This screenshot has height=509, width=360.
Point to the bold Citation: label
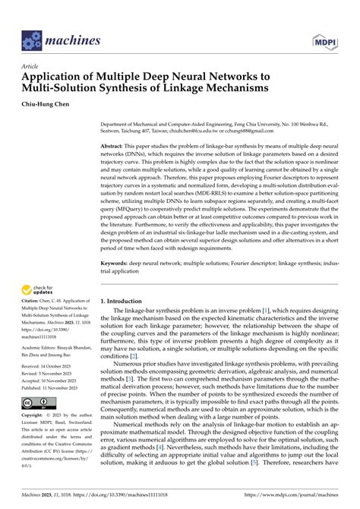pos(33,322)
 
